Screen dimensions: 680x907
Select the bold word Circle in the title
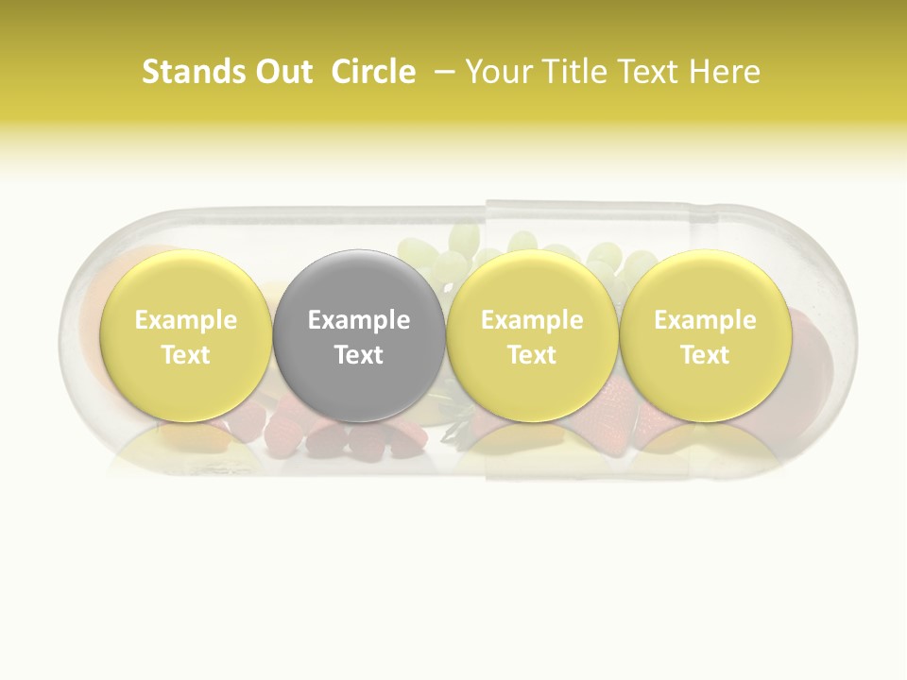(x=373, y=72)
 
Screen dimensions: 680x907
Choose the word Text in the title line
(x=648, y=72)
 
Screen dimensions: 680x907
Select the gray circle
(x=359, y=335)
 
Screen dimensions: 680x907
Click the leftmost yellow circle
(x=185, y=335)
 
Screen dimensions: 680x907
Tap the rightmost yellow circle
(x=705, y=335)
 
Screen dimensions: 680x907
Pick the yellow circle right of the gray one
(x=532, y=335)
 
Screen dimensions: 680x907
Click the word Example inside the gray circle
(x=359, y=320)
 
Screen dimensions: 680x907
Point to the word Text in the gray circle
(x=359, y=355)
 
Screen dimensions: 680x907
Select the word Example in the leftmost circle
(x=185, y=320)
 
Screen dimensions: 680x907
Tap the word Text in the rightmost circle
(x=705, y=355)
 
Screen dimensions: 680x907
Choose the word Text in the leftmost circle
(x=185, y=355)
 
